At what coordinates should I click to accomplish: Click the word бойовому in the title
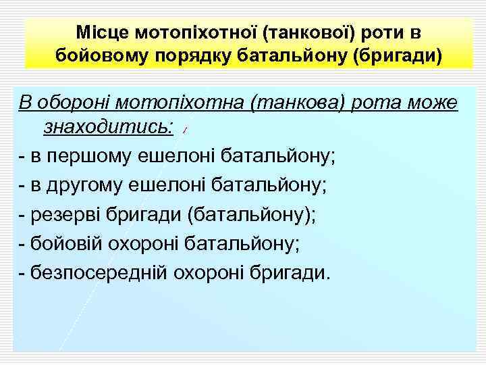(96, 54)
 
